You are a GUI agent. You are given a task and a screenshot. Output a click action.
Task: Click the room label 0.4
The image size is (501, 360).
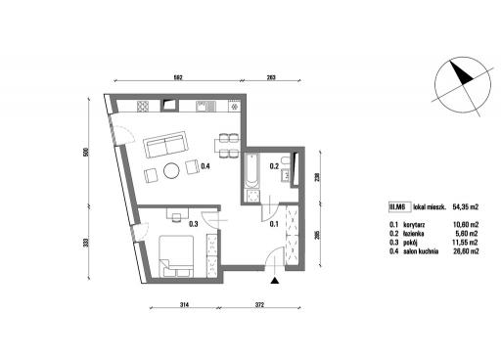(205, 166)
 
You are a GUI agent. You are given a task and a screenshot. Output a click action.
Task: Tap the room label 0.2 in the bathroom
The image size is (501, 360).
(274, 166)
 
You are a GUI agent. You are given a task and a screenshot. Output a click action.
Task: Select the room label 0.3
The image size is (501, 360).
(194, 224)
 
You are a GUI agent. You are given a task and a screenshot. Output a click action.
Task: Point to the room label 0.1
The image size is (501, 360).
(274, 224)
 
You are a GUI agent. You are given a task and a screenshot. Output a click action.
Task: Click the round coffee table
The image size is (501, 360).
(171, 170)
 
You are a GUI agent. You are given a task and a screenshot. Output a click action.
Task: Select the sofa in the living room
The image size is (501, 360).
(166, 144)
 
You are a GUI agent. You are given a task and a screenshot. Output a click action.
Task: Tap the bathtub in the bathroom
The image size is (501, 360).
(252, 170)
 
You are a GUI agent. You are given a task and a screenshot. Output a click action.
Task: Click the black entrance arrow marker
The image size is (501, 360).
(276, 281)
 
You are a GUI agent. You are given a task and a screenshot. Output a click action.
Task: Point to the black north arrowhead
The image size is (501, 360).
(461, 74)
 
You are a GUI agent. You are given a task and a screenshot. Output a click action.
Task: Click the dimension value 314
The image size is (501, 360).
(185, 305)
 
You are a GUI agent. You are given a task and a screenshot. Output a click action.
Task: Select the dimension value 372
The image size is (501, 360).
(259, 305)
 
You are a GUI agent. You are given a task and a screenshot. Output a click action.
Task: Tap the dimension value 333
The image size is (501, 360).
(86, 243)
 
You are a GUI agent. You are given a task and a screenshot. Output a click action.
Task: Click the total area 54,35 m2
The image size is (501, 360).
(466, 206)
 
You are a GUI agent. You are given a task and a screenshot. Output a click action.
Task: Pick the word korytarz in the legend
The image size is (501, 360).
(414, 225)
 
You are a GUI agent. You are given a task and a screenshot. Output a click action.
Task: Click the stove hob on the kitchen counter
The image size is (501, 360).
(143, 107)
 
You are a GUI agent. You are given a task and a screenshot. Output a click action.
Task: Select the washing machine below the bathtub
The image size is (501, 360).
(252, 197)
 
